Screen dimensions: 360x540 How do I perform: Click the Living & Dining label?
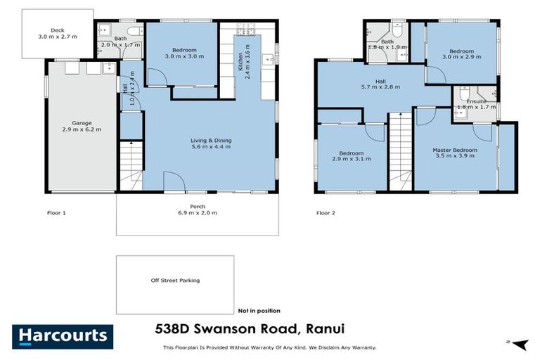pyautogui.click(x=211, y=143)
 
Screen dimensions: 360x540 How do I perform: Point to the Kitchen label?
pyautogui.click(x=242, y=62)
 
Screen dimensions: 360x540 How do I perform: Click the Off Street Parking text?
pyautogui.click(x=175, y=281)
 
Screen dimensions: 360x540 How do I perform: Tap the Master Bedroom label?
pyautogui.click(x=455, y=153)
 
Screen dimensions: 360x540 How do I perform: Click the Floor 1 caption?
pyautogui.click(x=56, y=212)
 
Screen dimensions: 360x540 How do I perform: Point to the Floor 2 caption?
pyautogui.click(x=326, y=212)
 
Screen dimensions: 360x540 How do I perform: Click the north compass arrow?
pyautogui.click(x=518, y=344)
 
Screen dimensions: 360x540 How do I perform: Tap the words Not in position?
pyautogui.click(x=259, y=310)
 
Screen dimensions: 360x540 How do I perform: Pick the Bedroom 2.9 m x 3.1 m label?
pyautogui.click(x=351, y=156)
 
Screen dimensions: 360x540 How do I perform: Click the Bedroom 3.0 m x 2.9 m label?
pyautogui.click(x=462, y=53)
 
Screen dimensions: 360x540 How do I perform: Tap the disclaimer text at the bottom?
pyautogui.click(x=269, y=347)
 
